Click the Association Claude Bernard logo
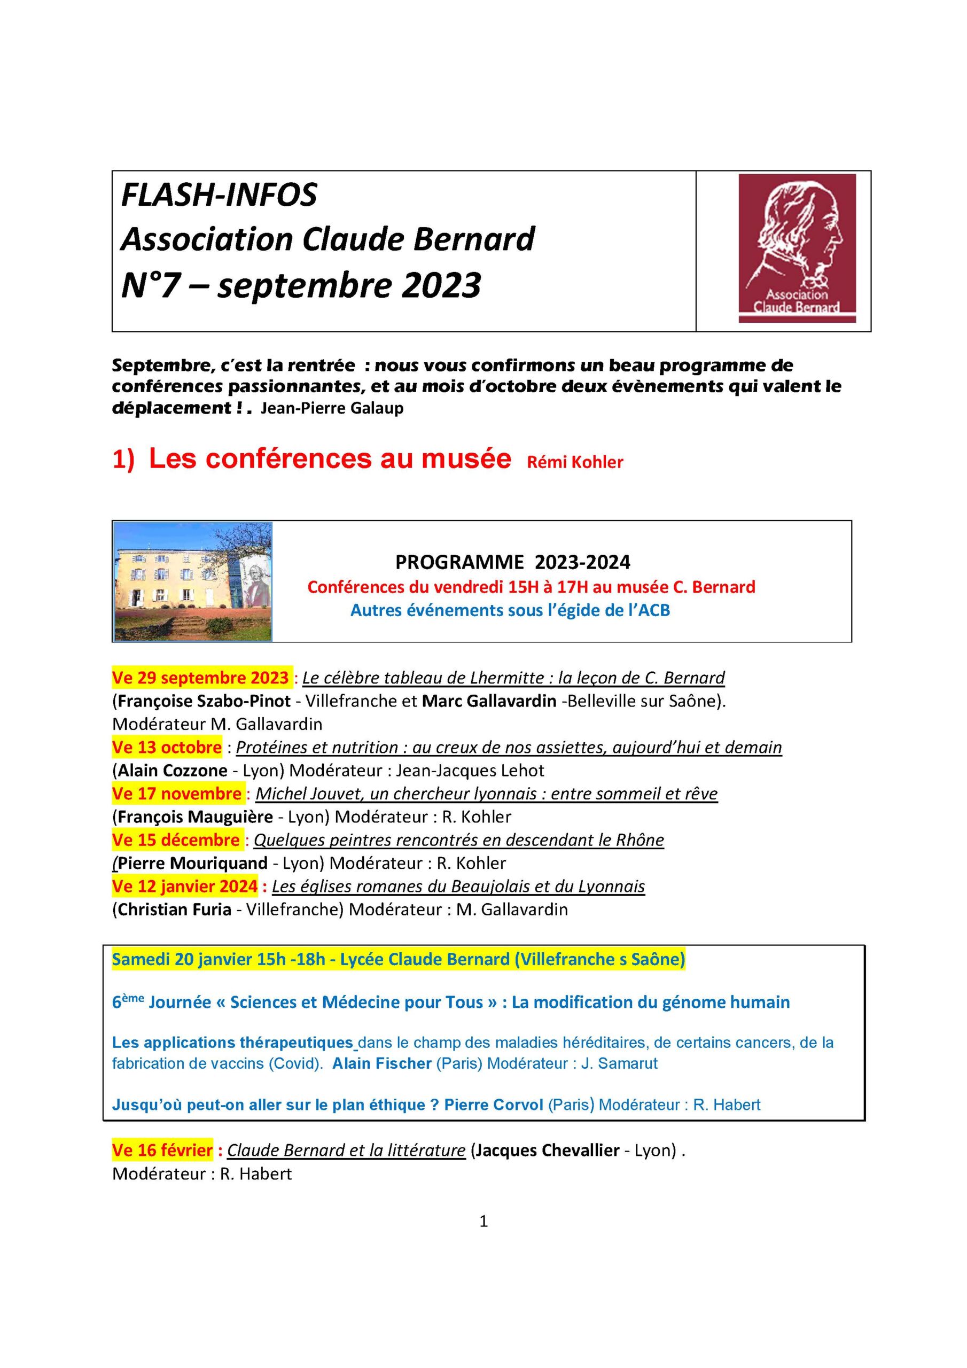(x=797, y=248)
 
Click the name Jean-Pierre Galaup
(x=332, y=409)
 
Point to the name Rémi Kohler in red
(x=574, y=462)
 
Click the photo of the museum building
(x=193, y=581)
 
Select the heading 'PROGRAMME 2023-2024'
(x=512, y=562)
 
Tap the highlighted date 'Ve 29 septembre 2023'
(x=200, y=678)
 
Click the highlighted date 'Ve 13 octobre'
(x=167, y=747)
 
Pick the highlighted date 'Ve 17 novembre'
(x=176, y=794)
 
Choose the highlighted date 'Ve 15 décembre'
(x=176, y=840)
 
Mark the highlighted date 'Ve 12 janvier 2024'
(x=185, y=887)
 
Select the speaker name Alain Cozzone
(x=172, y=771)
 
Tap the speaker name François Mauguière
(x=196, y=817)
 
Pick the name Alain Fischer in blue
(x=382, y=1063)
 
